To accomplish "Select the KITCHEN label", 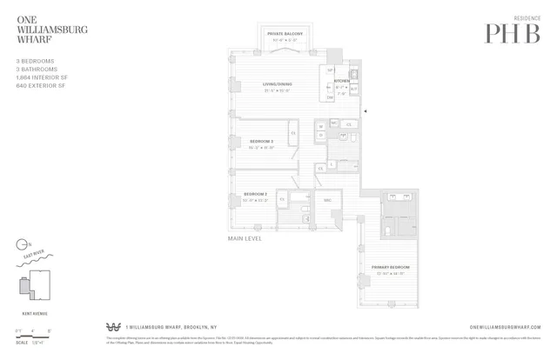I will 341,80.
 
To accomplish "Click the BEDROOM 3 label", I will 262,141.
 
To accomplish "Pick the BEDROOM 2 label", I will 255,194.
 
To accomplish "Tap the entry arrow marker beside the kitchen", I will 367,111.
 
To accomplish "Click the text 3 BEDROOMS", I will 34,62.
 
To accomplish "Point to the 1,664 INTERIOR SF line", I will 42,78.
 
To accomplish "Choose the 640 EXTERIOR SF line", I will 40,86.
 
